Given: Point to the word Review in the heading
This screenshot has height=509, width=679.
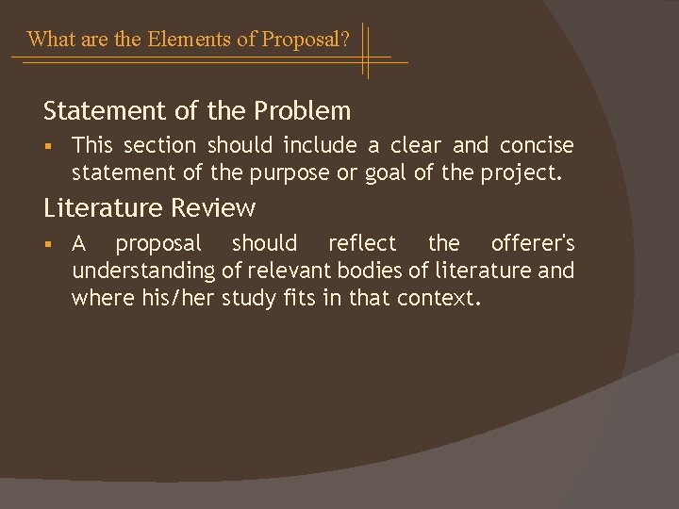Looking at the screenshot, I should tap(221, 207).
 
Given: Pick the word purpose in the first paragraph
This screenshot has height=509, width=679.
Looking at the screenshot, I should tap(284, 172).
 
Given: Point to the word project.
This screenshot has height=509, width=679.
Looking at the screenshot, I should tap(523, 172).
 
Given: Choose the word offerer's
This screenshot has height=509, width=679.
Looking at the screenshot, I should tap(533, 244).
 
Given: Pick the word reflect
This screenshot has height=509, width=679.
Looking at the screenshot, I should tap(362, 244).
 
